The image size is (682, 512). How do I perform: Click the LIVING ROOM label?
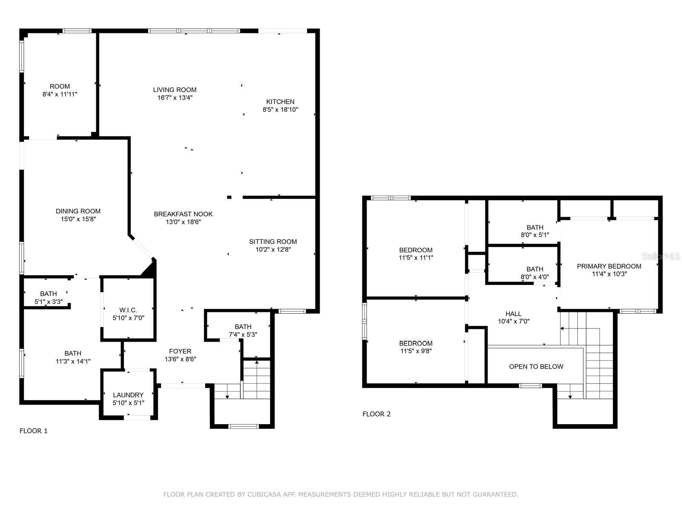click(175, 90)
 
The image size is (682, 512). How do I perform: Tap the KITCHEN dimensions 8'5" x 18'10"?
click(280, 110)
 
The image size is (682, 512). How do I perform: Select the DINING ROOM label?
click(78, 211)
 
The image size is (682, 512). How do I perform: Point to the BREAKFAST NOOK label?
click(183, 214)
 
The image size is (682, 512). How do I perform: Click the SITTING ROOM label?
click(273, 241)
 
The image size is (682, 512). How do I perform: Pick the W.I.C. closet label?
click(128, 310)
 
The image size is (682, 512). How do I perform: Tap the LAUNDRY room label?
click(128, 395)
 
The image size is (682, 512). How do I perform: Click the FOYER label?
click(180, 351)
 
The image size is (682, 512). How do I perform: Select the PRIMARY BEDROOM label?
click(609, 266)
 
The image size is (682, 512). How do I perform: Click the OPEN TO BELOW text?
click(536, 367)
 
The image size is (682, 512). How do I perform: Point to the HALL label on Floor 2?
click(514, 314)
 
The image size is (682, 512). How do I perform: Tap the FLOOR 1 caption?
click(34, 431)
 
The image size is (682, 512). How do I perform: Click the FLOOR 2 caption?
click(376, 414)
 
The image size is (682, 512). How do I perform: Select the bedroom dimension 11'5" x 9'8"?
click(416, 351)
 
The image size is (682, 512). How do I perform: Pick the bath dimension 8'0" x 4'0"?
click(535, 277)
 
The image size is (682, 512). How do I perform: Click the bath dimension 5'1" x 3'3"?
click(49, 302)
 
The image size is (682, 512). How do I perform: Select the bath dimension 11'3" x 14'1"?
click(73, 361)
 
